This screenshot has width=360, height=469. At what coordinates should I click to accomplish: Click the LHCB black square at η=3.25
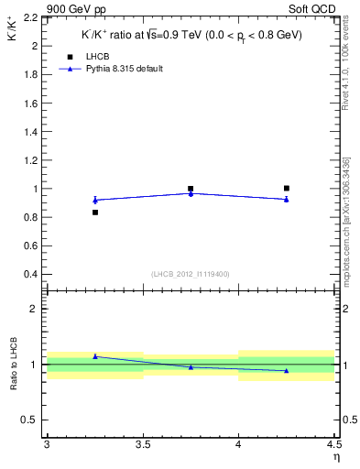click(x=94, y=213)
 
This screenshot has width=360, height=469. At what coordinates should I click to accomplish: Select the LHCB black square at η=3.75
click(x=191, y=189)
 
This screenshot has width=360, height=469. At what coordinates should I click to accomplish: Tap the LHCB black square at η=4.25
click(x=287, y=188)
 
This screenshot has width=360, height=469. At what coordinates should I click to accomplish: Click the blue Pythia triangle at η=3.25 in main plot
click(x=94, y=200)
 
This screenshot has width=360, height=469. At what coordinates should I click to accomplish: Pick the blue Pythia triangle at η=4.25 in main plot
click(x=287, y=199)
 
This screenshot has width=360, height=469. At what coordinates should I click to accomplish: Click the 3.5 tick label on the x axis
click(x=142, y=444)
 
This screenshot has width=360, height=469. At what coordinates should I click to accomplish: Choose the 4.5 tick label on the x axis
click(x=333, y=444)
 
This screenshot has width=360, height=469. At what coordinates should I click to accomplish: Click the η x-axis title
click(x=336, y=456)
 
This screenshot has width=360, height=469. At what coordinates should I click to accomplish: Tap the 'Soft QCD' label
click(x=314, y=7)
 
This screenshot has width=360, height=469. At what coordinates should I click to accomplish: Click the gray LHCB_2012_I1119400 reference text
click(x=190, y=274)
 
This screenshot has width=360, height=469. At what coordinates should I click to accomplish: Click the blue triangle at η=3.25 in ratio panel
click(x=94, y=355)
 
